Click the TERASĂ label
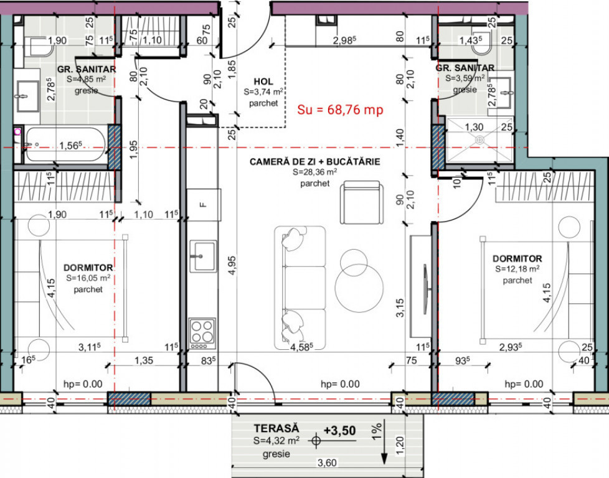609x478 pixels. click(x=276, y=428)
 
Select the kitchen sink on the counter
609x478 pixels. click(x=202, y=256)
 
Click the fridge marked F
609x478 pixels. click(x=202, y=204)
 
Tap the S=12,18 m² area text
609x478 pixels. click(x=517, y=269)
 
